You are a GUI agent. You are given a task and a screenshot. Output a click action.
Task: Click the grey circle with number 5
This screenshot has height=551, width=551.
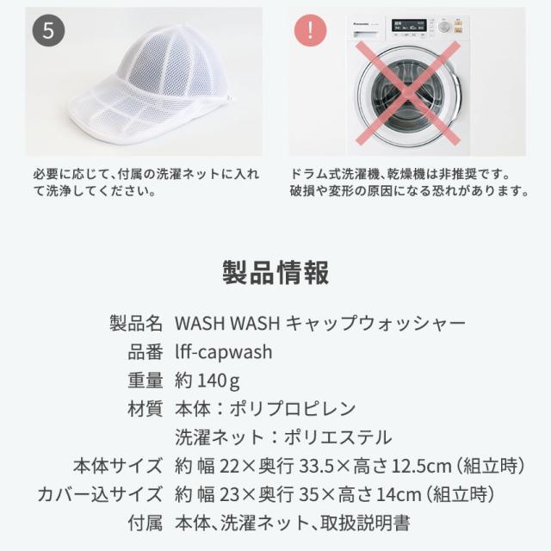tap(48, 31)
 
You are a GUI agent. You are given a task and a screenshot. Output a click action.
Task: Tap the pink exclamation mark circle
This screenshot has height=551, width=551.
tap(310, 31)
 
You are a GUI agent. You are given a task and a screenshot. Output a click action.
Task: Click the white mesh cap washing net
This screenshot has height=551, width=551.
tap(152, 84)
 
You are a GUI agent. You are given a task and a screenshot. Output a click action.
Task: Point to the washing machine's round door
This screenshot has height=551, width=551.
tap(407, 94)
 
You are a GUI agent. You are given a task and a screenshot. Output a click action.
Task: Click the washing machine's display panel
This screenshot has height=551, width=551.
tap(409, 25)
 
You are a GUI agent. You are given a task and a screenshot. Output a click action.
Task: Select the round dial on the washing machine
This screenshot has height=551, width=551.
tap(444, 27)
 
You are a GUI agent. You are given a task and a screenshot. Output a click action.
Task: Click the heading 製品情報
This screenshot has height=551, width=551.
tap(275, 273)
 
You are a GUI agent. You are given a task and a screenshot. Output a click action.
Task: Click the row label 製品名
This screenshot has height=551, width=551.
tap(136, 324)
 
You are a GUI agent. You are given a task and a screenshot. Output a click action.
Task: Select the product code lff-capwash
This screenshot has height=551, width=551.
tap(224, 352)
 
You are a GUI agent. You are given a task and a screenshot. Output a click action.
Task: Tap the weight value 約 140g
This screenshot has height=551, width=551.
tap(207, 381)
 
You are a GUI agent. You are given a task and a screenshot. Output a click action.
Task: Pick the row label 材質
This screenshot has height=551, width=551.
tap(145, 409)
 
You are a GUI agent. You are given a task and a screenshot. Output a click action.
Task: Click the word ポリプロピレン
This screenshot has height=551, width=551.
tap(293, 409)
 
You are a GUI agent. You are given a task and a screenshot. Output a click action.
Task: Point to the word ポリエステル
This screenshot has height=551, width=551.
tap(338, 437)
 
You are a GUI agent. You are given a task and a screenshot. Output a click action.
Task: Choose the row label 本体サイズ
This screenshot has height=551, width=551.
tap(118, 466)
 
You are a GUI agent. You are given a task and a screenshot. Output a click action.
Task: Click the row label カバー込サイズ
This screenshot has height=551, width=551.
tap(100, 494)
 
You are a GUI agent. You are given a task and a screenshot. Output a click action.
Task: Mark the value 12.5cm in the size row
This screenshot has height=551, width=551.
tap(421, 467)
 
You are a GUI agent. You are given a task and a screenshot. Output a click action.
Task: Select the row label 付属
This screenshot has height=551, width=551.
tap(145, 523)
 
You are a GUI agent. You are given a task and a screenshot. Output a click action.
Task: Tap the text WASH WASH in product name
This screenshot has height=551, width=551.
tap(227, 324)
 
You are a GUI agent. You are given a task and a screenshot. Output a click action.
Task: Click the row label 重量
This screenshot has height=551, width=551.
tap(145, 381)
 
